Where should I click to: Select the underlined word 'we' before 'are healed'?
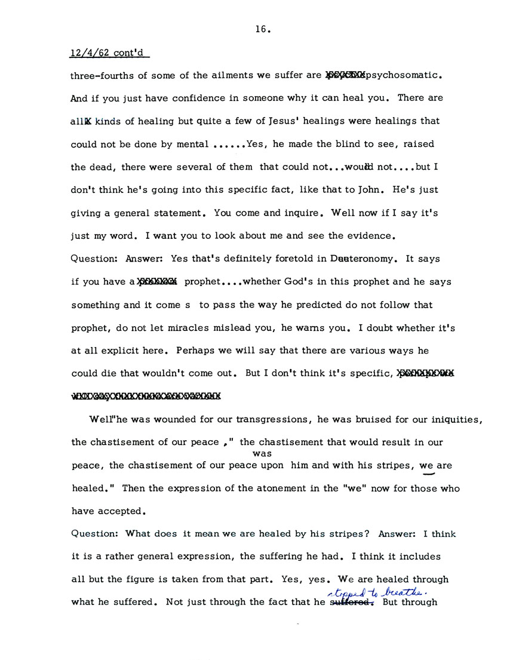click(426, 465)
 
